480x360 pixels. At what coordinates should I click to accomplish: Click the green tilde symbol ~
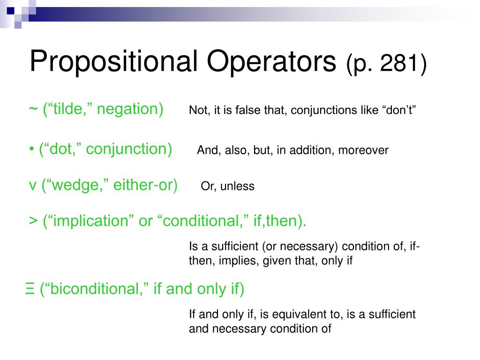coord(33,109)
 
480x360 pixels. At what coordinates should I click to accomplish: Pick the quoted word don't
coord(400,111)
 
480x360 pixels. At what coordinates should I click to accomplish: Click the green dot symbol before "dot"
coord(31,150)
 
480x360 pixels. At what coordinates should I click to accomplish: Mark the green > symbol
coord(33,221)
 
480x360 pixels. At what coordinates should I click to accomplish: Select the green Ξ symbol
coord(30,289)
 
